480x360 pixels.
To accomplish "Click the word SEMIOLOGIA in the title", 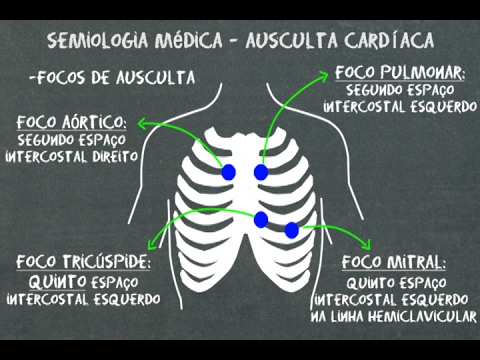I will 94,43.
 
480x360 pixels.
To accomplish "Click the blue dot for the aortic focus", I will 228,173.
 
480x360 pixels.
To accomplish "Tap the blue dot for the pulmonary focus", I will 261,173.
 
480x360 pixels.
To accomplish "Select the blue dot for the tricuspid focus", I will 261,219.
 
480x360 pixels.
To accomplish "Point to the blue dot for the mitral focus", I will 291,231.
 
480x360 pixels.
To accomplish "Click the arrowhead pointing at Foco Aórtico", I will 144,123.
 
